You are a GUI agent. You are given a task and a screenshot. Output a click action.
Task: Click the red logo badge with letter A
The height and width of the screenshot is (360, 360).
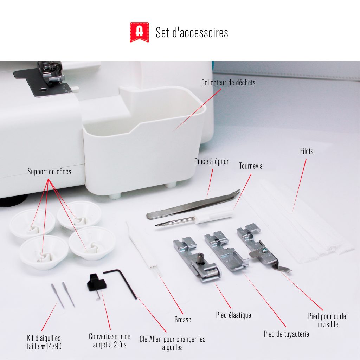[x=139, y=32]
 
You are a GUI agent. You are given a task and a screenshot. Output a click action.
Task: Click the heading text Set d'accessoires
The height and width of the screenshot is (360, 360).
[x=192, y=32]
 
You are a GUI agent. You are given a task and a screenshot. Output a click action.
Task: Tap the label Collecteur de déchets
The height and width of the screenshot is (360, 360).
[x=228, y=83]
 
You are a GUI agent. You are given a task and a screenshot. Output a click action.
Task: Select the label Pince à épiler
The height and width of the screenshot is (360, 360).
[x=211, y=161]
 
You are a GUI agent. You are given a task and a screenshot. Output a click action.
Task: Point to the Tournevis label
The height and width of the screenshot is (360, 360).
[x=251, y=166]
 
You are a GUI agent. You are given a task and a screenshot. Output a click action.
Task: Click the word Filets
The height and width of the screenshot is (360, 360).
[x=307, y=151]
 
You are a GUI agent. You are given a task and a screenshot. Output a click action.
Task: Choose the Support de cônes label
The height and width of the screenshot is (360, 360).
[x=49, y=172]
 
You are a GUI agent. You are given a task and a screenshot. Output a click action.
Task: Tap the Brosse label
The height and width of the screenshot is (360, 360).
[x=183, y=320]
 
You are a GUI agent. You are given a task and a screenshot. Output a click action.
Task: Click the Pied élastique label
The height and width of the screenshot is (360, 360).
[x=233, y=315]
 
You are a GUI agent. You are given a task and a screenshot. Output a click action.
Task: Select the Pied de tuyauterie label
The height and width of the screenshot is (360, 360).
[x=286, y=334]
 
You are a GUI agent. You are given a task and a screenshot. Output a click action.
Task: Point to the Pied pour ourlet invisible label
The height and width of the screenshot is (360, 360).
[x=328, y=320]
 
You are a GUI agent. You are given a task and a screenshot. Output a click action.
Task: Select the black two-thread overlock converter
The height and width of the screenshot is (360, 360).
[x=97, y=284]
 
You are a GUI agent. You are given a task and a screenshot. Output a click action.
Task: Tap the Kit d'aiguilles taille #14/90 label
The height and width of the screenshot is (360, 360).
[x=44, y=342]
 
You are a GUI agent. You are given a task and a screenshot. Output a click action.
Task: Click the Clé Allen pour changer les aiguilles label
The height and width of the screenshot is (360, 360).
[x=172, y=343]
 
